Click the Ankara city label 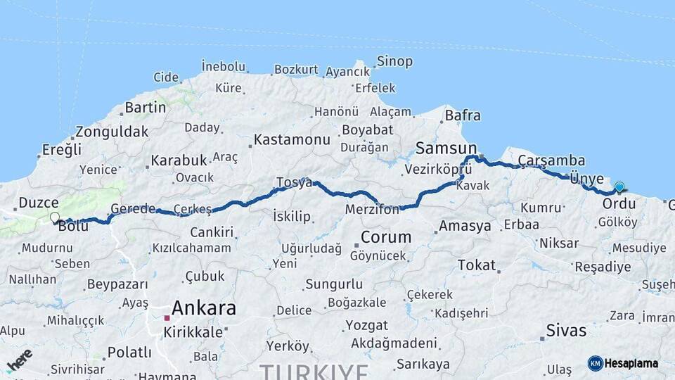tap(203, 308)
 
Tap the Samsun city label tap(446, 148)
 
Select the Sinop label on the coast tap(394, 61)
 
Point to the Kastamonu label tap(292, 139)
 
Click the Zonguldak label tap(112, 131)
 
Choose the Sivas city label tap(566, 330)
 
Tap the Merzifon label tap(373, 210)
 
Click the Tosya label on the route tap(293, 182)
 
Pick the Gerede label tap(133, 209)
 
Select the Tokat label tap(477, 265)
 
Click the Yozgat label tap(366, 325)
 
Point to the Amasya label tap(465, 226)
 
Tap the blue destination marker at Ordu tap(619, 187)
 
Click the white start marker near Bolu tap(54, 217)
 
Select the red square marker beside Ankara tap(167, 318)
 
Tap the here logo tap(19, 360)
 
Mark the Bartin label tap(145, 108)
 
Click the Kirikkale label tap(193, 332)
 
